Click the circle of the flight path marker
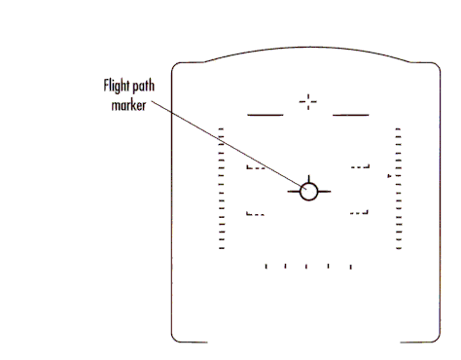click(309, 190)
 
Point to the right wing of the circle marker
click(325, 190)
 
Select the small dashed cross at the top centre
click(308, 100)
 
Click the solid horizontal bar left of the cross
click(266, 115)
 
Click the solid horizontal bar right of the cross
click(351, 115)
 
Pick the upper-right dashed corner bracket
click(362, 167)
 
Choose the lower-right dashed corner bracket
click(362, 213)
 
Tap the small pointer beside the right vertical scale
click(389, 176)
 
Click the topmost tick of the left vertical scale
click(222, 127)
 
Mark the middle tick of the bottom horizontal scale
click(307, 266)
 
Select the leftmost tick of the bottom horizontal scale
click(266, 266)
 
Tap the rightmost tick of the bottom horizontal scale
click(350, 266)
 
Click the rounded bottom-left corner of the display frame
click(177, 337)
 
